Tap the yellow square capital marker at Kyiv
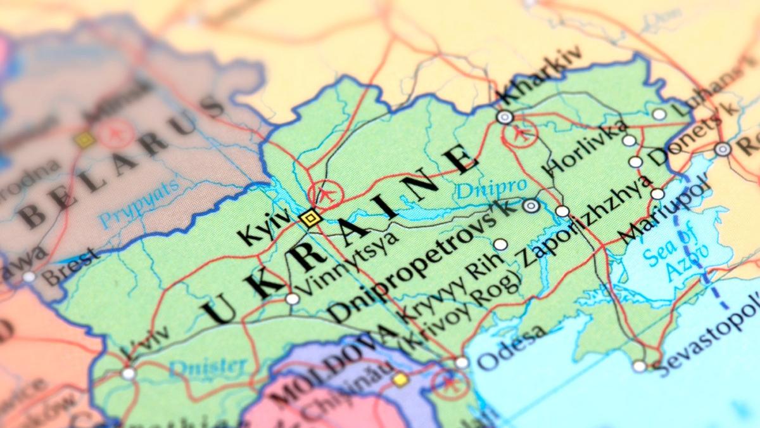310,219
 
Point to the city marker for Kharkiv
505,117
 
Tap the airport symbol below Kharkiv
521,134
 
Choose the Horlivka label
586,146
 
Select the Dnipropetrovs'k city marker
531,205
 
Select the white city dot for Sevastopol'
640,366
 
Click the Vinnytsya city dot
292,299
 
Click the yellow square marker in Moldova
400,379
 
